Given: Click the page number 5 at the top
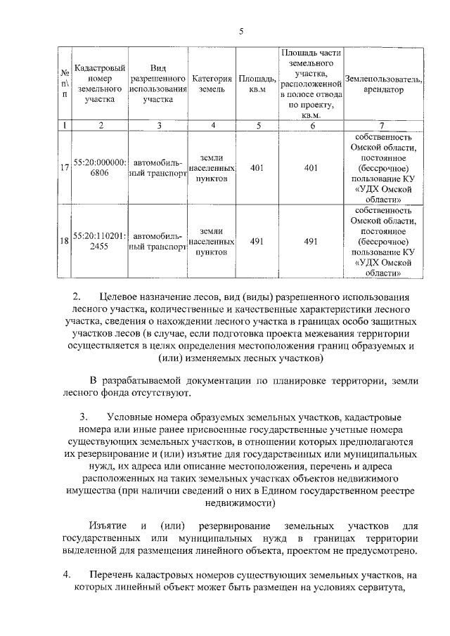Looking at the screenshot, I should [x=240, y=31].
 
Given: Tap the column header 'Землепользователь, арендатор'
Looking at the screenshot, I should [x=384, y=84].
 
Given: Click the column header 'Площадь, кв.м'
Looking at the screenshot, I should [x=253, y=84].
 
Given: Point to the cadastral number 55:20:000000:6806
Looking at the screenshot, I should [x=100, y=169].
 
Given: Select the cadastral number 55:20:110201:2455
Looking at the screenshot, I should [x=100, y=241].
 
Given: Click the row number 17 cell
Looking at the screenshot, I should [x=64, y=169].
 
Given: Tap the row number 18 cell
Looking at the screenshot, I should [x=64, y=241].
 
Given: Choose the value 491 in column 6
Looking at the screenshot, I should [x=311, y=241].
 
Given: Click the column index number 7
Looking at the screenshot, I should [x=384, y=125].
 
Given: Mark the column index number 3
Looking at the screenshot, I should [x=159, y=125].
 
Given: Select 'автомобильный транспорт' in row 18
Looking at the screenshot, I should [x=159, y=241].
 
